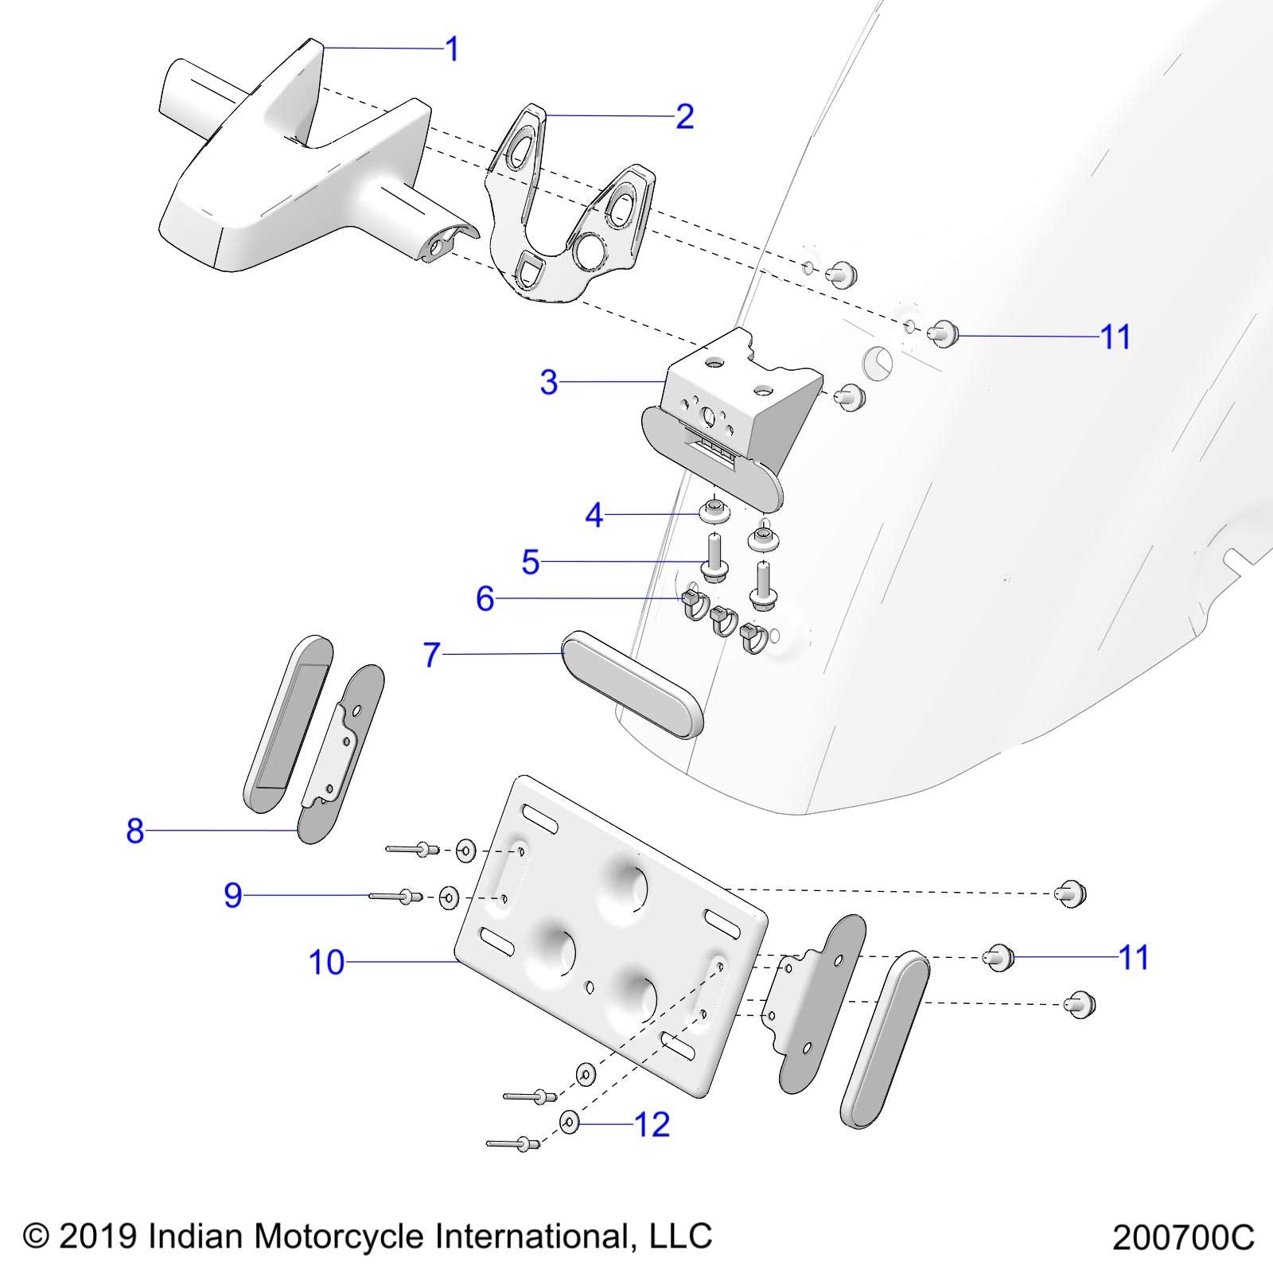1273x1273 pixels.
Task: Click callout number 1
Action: point(452,49)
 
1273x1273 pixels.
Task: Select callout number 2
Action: point(684,117)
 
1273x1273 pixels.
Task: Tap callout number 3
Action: point(549,383)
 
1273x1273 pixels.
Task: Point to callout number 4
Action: point(594,516)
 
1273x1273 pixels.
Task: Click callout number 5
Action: point(531,563)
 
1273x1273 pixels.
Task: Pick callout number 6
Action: point(485,598)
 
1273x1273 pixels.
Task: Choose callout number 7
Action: point(432,655)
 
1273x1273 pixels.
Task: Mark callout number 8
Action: point(135,831)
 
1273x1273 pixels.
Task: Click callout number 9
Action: point(232,896)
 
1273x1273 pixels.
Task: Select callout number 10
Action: point(326,963)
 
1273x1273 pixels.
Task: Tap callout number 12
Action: point(652,1124)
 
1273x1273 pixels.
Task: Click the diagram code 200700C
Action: point(1182,1238)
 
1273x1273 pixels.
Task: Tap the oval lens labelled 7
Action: point(633,684)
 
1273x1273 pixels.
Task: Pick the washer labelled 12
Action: point(570,1123)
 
